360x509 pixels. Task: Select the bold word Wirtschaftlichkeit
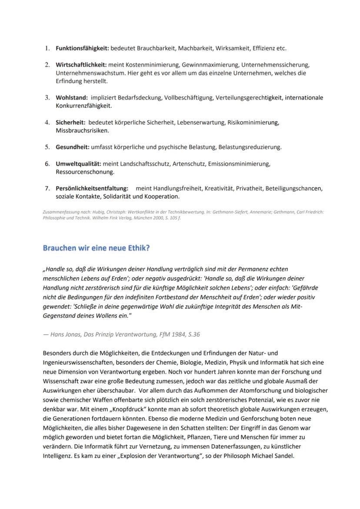[x=81, y=65]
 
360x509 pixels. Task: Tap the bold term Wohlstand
[x=71, y=98]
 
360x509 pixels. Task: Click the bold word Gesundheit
[x=73, y=147]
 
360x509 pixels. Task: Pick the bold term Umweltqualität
[x=78, y=164]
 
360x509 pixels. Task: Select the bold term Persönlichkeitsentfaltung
[x=92, y=189]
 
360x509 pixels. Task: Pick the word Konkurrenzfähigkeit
[x=83, y=106]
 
